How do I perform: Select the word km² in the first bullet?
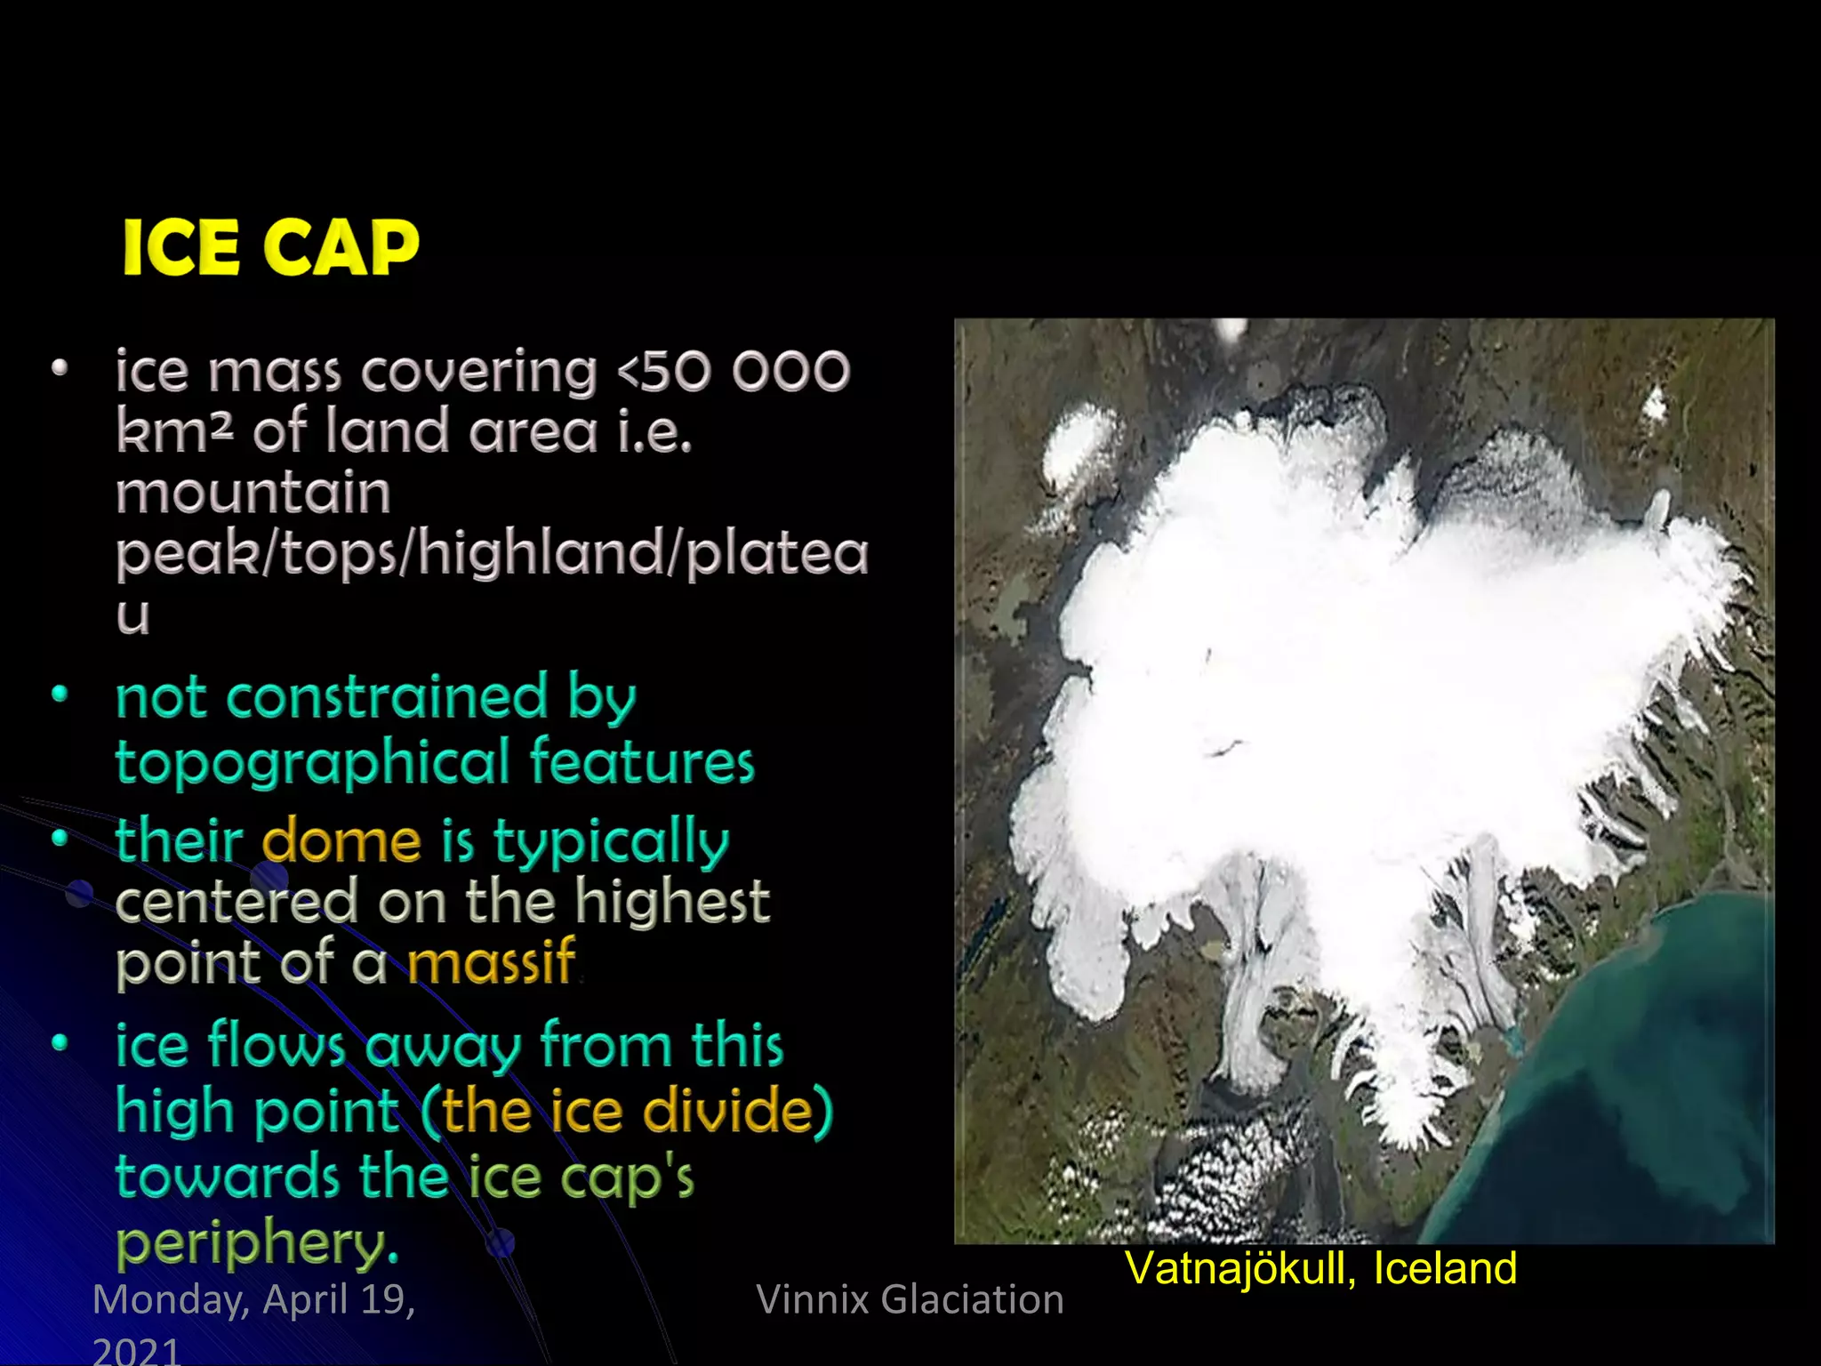tap(174, 431)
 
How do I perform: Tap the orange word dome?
tap(341, 841)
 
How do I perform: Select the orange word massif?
tap(491, 961)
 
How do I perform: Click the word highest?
tap(671, 901)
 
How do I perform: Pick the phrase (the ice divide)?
tap(626, 1111)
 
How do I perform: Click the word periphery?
tap(256, 1242)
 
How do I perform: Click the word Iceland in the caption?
tap(1444, 1268)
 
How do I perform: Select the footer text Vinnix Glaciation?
tap(910, 1299)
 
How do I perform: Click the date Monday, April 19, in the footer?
tap(254, 1299)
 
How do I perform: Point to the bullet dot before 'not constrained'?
tap(60, 694)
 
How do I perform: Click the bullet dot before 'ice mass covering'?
tap(60, 368)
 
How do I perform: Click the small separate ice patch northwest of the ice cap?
tap(1078, 445)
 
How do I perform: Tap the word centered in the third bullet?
tap(236, 901)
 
